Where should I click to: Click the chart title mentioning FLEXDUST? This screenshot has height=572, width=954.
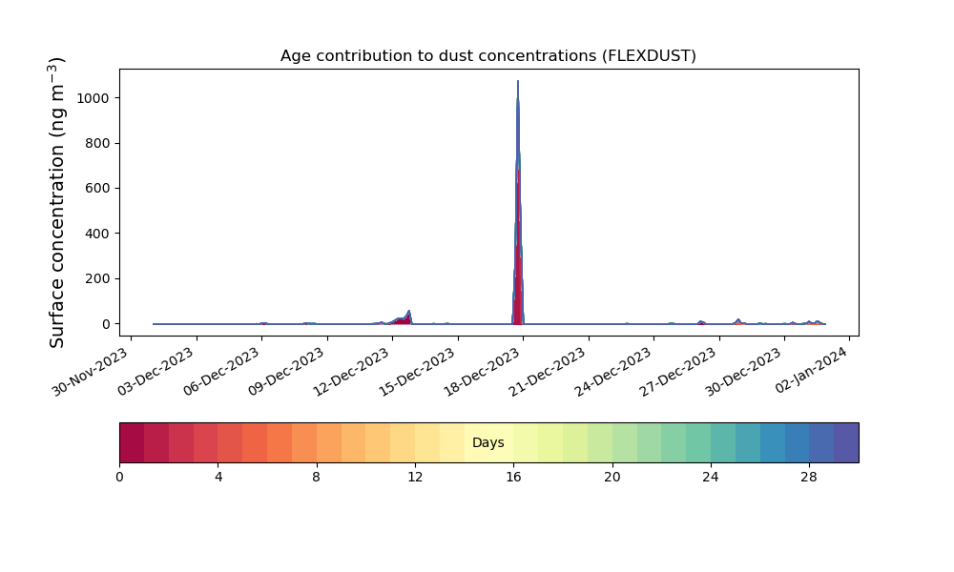click(487, 56)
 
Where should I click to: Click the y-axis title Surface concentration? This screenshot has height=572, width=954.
click(56, 202)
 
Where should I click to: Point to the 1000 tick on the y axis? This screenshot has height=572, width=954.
click(93, 98)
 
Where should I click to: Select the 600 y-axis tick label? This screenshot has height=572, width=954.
click(97, 189)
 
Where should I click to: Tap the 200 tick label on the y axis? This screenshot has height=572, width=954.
click(97, 279)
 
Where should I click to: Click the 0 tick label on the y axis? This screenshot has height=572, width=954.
click(106, 324)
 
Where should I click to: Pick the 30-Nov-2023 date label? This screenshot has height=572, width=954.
click(90, 372)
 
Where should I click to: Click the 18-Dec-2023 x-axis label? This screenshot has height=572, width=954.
click(482, 372)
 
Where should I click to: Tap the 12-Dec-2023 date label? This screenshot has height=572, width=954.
click(351, 372)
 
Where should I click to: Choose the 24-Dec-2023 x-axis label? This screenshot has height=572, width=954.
click(612, 372)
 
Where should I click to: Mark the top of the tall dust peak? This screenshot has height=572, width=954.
click(518, 81)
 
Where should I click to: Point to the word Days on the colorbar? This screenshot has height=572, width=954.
click(487, 442)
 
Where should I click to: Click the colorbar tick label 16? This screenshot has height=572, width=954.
click(513, 478)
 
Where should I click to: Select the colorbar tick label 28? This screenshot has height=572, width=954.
click(809, 478)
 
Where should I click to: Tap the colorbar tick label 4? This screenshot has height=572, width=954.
click(218, 478)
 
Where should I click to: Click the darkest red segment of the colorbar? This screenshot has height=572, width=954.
click(132, 442)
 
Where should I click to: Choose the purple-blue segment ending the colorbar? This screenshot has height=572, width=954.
click(846, 442)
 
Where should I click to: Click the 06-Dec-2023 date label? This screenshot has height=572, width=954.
click(221, 372)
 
